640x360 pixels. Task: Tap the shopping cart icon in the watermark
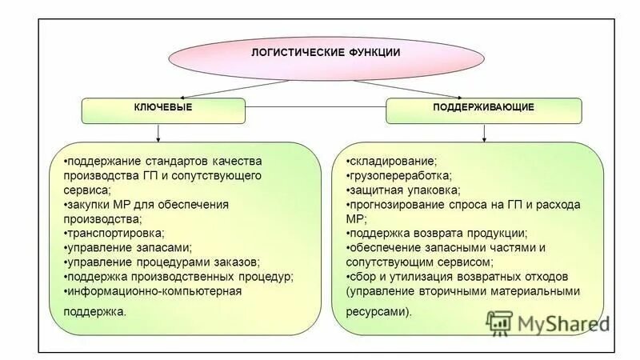(x=498, y=322)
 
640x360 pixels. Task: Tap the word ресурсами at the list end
(x=377, y=312)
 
